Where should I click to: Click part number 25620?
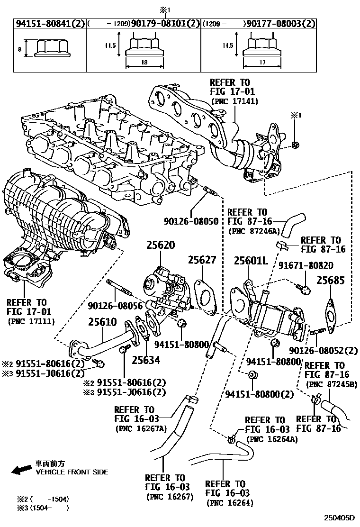tap(160, 245)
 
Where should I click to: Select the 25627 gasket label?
tap(201, 260)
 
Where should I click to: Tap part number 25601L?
tap(251, 261)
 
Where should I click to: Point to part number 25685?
tap(331, 280)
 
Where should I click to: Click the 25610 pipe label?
tap(102, 322)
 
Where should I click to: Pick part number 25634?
tap(146, 360)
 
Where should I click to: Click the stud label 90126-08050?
tap(191, 221)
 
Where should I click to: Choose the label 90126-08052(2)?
tap(323, 350)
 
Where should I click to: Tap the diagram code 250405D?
tap(339, 519)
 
